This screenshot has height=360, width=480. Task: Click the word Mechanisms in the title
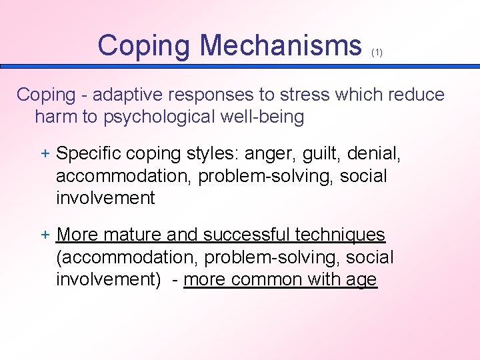[x=281, y=45]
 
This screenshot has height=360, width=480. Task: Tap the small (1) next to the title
[x=377, y=53]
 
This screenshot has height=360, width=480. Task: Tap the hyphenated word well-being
[x=263, y=117]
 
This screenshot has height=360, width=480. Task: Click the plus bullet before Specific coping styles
[x=45, y=153]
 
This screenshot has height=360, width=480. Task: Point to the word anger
[x=273, y=154]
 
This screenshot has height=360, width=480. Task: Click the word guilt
[x=322, y=154]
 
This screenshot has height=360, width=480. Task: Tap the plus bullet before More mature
[x=45, y=235]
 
